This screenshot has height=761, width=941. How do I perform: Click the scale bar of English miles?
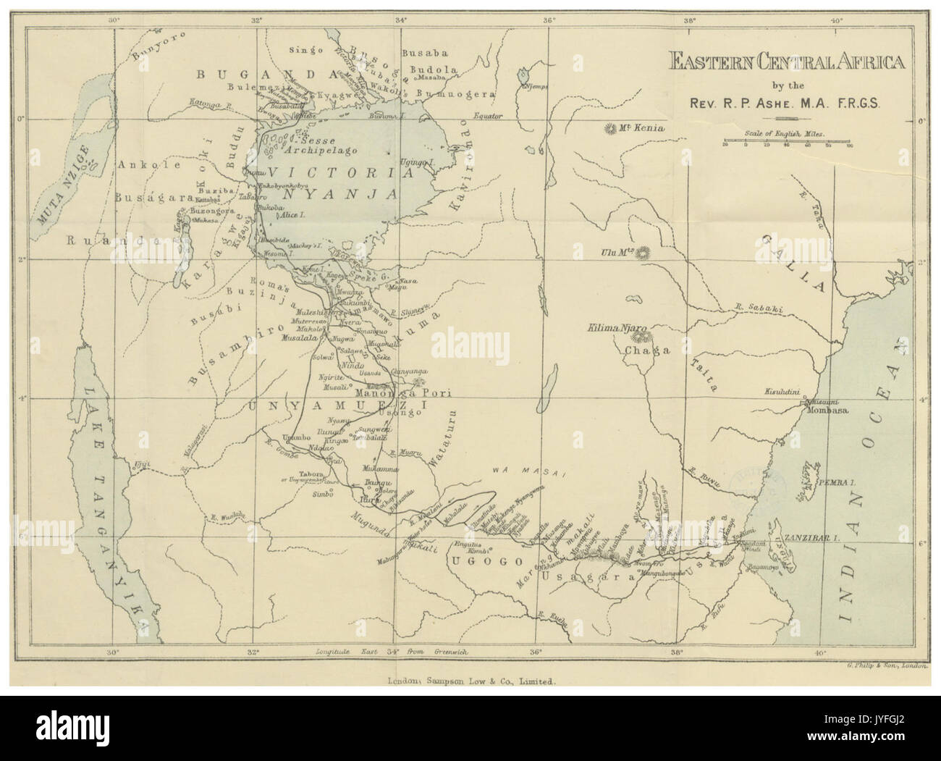tap(787, 141)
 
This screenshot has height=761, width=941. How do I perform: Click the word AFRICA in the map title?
tap(864, 62)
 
